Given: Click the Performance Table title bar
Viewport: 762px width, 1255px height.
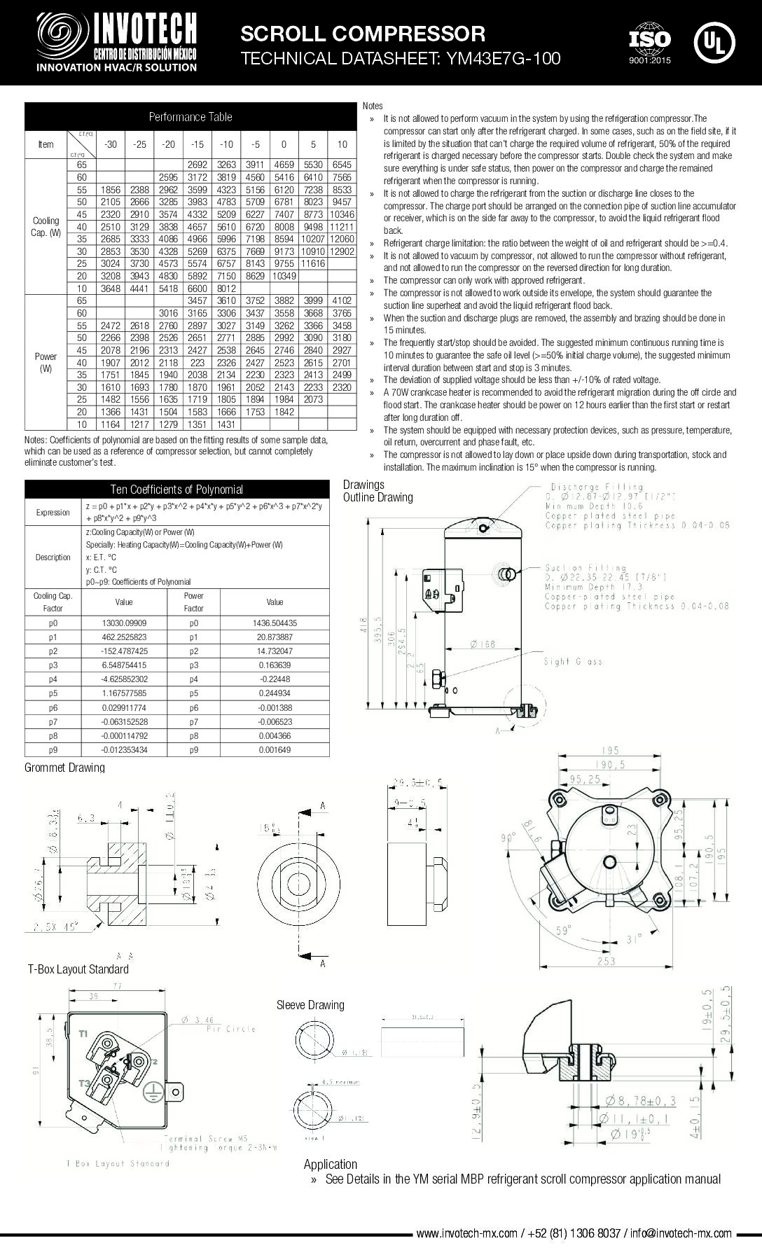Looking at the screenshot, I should coord(190,116).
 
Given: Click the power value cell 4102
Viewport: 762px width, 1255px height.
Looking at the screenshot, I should coord(342,300).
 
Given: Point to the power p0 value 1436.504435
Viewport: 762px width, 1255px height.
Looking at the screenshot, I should coord(275,623).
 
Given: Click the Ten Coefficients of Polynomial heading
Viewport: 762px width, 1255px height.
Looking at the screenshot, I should coord(176,490).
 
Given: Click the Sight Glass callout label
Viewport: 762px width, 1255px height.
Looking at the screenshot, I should coord(573,662).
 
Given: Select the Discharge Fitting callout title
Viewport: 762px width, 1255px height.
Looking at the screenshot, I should coord(596,487).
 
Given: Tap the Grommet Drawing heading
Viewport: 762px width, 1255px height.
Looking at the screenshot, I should coord(64,768).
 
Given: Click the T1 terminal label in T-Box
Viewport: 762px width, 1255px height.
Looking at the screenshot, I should coord(83,1034).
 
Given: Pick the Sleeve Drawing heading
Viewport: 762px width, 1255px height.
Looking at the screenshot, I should coord(310,1005).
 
